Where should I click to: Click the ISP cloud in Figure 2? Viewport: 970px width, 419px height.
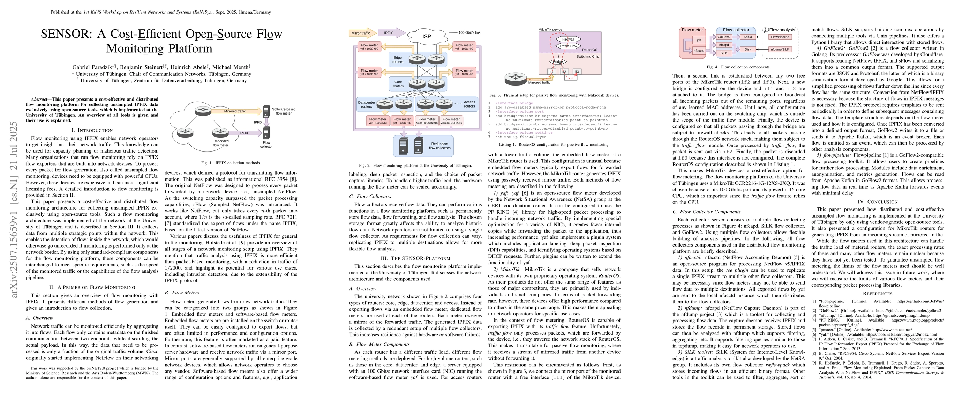click(426, 36)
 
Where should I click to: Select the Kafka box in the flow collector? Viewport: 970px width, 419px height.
click(747, 37)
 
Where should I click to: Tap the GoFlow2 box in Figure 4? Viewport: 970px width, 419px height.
click(724, 37)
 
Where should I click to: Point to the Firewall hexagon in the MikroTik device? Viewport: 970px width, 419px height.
click(568, 39)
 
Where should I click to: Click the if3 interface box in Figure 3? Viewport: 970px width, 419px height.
click(577, 71)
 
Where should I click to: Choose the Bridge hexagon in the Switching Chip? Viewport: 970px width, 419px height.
click(558, 61)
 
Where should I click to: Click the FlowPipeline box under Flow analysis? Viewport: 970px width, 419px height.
click(780, 37)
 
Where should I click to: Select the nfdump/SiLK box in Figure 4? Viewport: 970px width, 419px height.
click(780, 49)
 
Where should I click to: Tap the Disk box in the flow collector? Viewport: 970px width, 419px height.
click(747, 49)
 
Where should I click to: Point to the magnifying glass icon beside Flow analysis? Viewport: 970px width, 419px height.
click(766, 30)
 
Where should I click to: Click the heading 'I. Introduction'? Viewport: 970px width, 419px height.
click(92, 130)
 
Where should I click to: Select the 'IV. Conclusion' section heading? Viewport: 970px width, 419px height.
click(877, 201)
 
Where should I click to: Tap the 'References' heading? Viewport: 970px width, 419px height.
click(877, 294)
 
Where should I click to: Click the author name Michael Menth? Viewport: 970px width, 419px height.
click(231, 67)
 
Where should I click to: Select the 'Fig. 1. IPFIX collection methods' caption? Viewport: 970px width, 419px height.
click(231, 163)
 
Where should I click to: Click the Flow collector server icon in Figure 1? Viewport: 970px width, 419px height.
click(266, 133)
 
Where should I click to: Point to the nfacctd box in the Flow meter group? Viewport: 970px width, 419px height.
click(699, 51)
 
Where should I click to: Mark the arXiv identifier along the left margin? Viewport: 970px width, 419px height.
click(14, 209)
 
